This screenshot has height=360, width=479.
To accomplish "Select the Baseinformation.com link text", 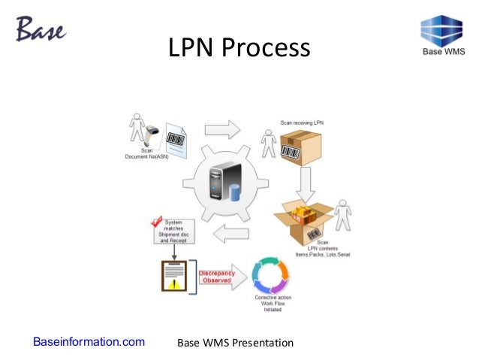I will pyautogui.click(x=89, y=343).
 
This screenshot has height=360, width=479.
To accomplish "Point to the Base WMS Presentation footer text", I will pyautogui.click(x=234, y=343).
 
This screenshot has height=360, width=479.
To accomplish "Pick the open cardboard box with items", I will pyautogui.click(x=304, y=217).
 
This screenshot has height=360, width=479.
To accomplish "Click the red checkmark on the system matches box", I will pyautogui.click(x=158, y=223).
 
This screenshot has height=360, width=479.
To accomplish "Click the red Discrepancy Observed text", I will pyautogui.click(x=218, y=276).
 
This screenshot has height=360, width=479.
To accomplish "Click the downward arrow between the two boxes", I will pyautogui.click(x=306, y=181).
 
